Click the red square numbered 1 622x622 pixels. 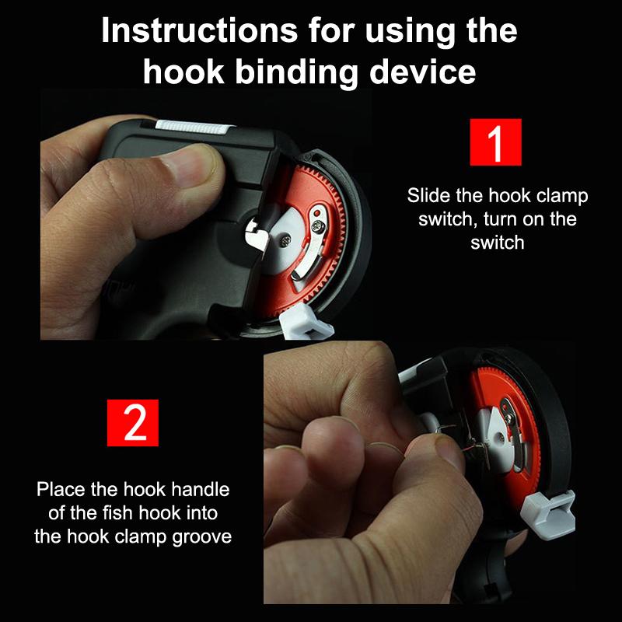(495, 142)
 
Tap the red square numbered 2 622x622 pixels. (133, 423)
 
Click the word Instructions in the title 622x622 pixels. (199, 30)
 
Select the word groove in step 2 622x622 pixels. (202, 537)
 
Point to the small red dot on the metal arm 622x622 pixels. (316, 213)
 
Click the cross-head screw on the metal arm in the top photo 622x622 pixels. (318, 226)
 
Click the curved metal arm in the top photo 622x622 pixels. (314, 242)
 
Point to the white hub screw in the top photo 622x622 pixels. (284, 240)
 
